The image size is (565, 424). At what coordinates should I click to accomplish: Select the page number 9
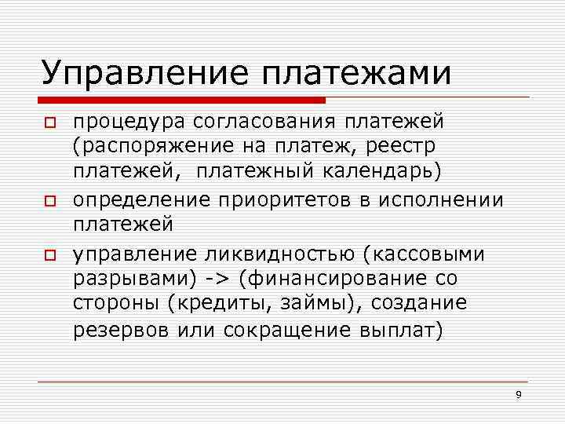tap(519, 394)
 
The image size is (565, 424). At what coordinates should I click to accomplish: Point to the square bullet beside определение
tap(48, 202)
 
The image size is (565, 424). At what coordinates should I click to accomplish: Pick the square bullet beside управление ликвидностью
tap(48, 254)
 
